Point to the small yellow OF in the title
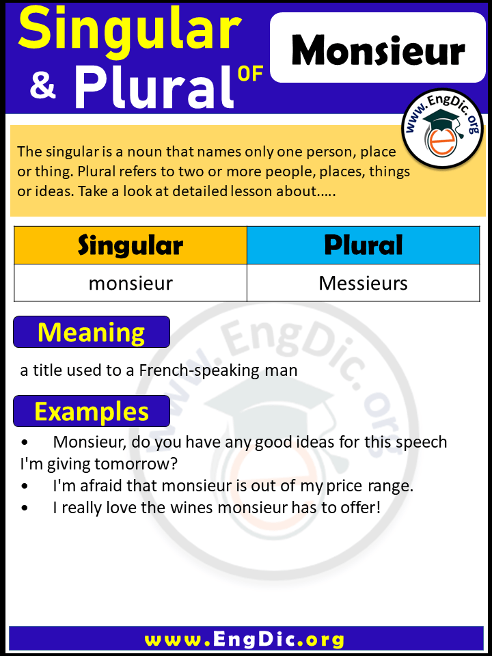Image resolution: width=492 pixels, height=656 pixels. tap(251, 74)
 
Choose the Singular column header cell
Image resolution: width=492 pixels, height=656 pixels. tap(131, 245)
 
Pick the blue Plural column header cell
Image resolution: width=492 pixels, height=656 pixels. tap(364, 245)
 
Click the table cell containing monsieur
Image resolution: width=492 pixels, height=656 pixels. tap(131, 283)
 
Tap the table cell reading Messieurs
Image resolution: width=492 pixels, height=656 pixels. tap(364, 283)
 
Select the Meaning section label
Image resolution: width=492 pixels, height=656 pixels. tap(92, 332)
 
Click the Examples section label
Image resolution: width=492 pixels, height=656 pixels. tap(92, 411)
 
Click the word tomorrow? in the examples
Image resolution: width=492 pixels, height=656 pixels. tap(143, 464)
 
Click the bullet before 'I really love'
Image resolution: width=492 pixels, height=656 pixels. tap(25, 508)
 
